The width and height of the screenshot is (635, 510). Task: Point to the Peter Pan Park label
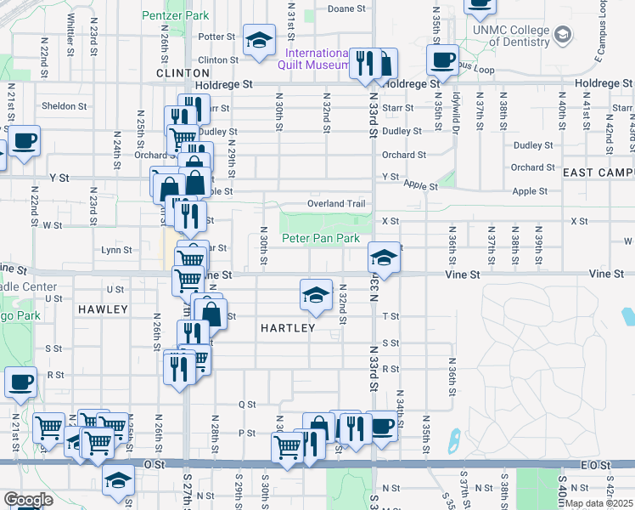click(x=321, y=239)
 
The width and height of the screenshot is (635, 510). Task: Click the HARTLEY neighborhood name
click(x=288, y=328)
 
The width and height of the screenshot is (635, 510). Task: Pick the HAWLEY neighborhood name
click(x=103, y=310)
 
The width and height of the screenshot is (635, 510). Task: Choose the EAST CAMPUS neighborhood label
click(x=598, y=173)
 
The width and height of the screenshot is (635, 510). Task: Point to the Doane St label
click(x=346, y=8)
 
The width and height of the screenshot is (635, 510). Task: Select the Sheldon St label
click(x=65, y=106)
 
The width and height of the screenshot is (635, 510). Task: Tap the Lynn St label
click(x=116, y=250)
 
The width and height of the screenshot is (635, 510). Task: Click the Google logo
click(x=27, y=500)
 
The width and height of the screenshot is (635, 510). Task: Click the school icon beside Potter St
click(x=258, y=40)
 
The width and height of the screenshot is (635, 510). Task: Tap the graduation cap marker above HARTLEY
click(x=316, y=295)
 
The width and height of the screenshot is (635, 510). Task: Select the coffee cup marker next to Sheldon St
click(x=23, y=139)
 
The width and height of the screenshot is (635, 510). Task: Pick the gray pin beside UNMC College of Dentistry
click(x=563, y=35)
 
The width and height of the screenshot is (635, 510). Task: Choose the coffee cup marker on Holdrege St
click(x=442, y=59)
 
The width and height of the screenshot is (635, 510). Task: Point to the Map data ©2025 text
click(x=598, y=503)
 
